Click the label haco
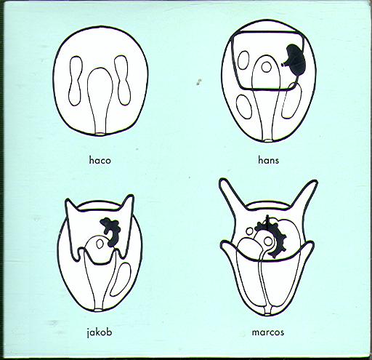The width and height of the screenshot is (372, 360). pyautogui.click(x=100, y=160)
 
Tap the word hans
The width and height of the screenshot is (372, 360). pyautogui.click(x=268, y=160)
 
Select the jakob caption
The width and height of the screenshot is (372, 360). pyautogui.click(x=100, y=332)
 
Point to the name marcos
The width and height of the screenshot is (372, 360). pyautogui.click(x=268, y=332)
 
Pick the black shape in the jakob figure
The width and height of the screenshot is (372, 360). pyautogui.click(x=111, y=231)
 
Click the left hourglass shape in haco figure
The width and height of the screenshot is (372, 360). pyautogui.click(x=76, y=81)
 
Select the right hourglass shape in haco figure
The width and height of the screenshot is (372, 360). pyautogui.click(x=123, y=80)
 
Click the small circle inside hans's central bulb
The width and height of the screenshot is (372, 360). pyautogui.click(x=267, y=68)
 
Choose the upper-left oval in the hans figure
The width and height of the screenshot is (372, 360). pyautogui.click(x=243, y=60)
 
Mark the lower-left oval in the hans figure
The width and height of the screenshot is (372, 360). pyautogui.click(x=244, y=107)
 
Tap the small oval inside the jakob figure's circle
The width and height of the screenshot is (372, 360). pyautogui.click(x=100, y=244)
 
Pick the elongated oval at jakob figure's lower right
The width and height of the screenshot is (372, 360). pyautogui.click(x=121, y=279)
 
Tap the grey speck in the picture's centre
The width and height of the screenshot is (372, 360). pyautogui.click(x=198, y=82)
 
